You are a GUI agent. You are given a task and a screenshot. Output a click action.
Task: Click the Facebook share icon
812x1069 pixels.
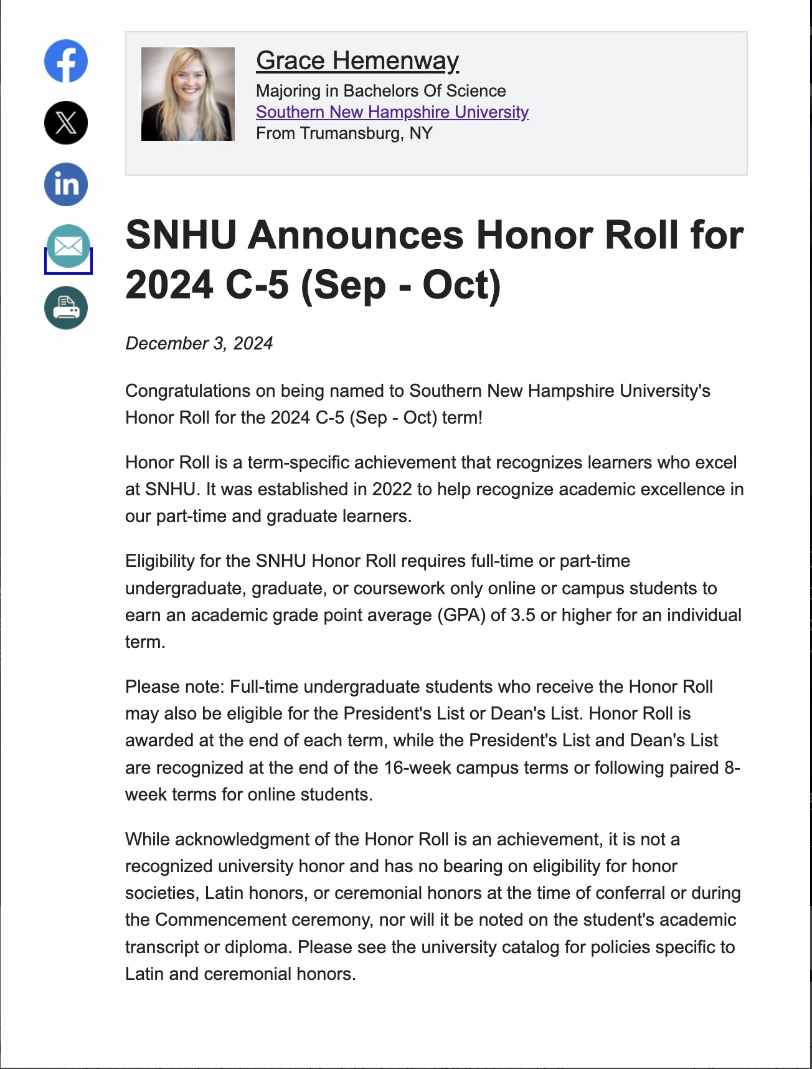[66, 61]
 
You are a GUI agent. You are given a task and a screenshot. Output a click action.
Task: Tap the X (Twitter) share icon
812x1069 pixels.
[66, 123]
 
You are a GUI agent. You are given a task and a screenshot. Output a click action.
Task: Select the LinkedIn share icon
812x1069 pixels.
[66, 184]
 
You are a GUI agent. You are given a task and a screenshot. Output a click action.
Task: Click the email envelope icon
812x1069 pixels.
[68, 247]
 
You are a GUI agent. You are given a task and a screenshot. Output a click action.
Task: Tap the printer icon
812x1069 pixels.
[66, 308]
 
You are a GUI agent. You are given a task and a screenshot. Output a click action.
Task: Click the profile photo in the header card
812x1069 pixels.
[188, 94]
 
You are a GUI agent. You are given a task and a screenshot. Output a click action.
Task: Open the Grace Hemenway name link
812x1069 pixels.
[357, 61]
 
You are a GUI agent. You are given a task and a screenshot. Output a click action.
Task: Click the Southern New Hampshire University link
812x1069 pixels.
[392, 112]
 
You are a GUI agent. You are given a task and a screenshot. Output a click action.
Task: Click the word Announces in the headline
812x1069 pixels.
[358, 235]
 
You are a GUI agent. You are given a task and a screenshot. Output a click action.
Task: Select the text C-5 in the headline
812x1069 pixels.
[257, 285]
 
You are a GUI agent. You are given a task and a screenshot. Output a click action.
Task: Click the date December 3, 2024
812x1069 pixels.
[199, 343]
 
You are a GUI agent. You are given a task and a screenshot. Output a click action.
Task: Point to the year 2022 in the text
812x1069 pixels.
[392, 490]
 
